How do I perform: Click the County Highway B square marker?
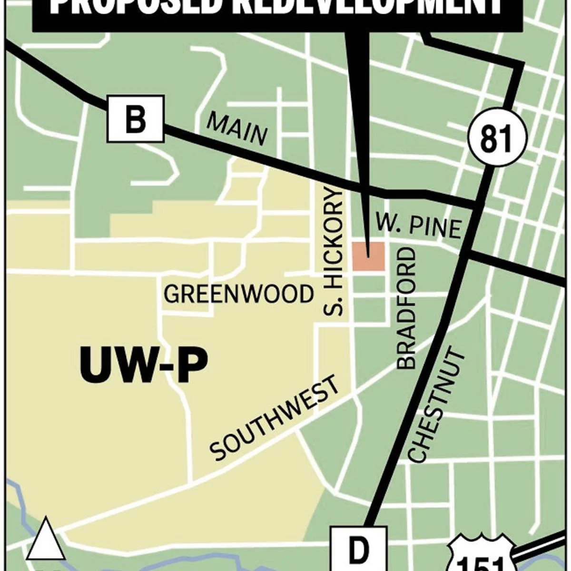[136, 119]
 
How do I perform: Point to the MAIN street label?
[236, 129]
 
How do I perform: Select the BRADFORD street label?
[406, 309]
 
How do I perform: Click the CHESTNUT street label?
[436, 406]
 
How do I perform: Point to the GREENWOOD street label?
[239, 294]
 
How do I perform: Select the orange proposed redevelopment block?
[368, 256]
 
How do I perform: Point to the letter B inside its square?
[136, 119]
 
